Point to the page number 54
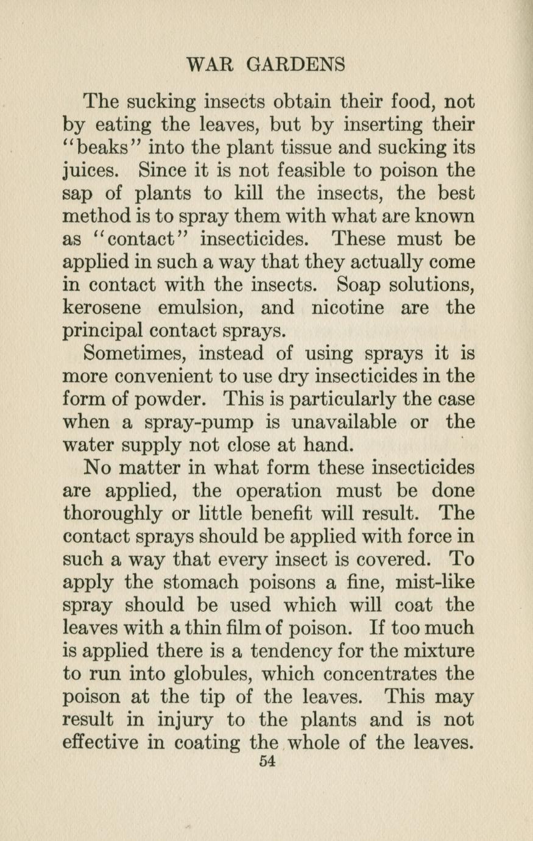267,761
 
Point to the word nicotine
348,308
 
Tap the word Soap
354,285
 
